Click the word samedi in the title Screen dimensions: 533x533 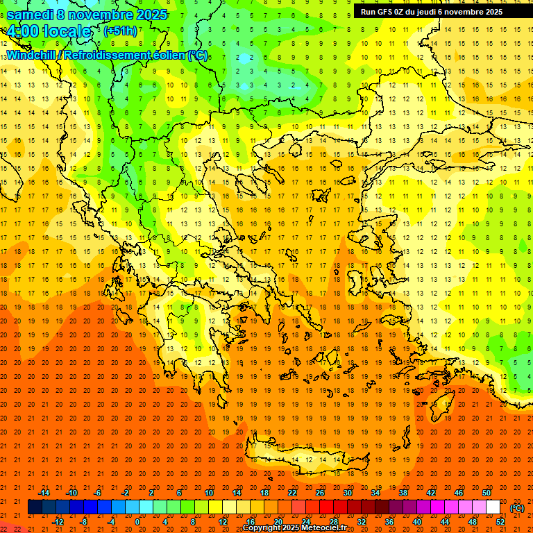point(31,15)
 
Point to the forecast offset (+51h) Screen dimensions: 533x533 point(120,31)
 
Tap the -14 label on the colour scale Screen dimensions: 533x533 point(44,493)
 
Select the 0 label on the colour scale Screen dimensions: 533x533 point(137,522)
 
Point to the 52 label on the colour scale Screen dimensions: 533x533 point(500,522)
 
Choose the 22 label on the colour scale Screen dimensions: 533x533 point(292,493)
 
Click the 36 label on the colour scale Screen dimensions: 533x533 point(389,522)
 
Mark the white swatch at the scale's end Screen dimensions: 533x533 point(493,507)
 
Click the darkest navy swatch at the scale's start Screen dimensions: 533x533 point(35,507)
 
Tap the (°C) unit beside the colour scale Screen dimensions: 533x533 point(517,508)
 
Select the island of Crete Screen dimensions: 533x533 point(305,458)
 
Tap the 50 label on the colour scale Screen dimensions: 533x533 point(487,493)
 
